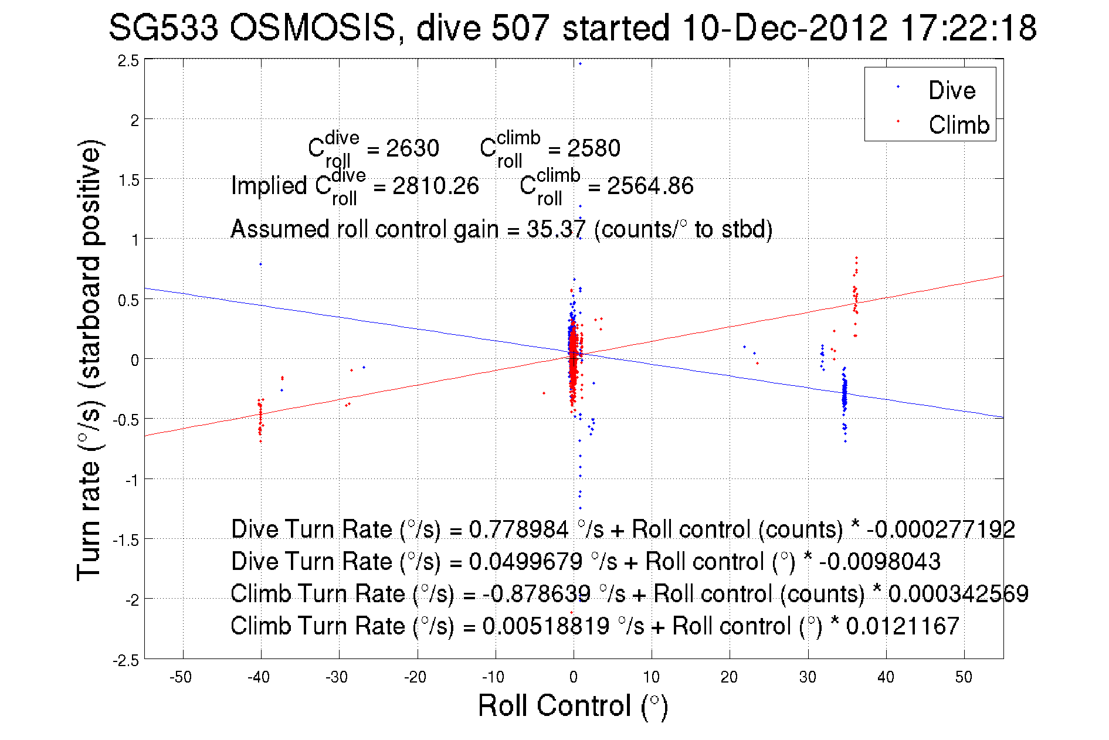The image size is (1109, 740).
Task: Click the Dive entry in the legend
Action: coord(951,90)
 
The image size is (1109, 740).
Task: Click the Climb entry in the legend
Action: coord(958,125)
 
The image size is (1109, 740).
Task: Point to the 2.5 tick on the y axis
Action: coord(128,61)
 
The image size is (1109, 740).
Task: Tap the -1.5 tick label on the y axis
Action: coord(126,540)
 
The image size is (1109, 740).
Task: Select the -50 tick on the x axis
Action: coord(181,677)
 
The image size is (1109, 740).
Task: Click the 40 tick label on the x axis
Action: coord(886,677)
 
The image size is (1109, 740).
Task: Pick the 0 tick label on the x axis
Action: coord(574,677)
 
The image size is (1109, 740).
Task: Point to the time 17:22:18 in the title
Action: coord(968,28)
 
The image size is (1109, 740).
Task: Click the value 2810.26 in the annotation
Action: coord(435,186)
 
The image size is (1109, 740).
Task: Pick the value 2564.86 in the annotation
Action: coord(650,186)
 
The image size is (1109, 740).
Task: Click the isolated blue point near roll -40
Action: coord(260,264)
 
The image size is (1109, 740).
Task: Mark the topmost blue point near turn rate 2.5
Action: coord(580,64)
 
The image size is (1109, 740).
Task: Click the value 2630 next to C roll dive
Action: coord(412,148)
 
